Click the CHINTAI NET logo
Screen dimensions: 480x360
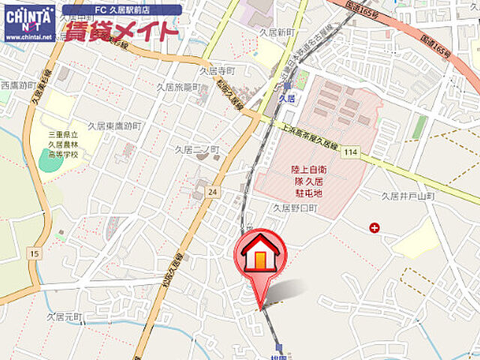pyautogui.click(x=29, y=21)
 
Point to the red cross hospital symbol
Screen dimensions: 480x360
pyautogui.click(x=374, y=227)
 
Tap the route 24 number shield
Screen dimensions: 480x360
pyautogui.click(x=213, y=192)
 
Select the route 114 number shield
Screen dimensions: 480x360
pyautogui.click(x=349, y=152)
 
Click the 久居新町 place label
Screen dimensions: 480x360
pyautogui.click(x=274, y=33)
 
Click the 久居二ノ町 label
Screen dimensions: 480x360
pyautogui.click(x=196, y=150)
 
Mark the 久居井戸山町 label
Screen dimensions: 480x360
pyautogui.click(x=407, y=196)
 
